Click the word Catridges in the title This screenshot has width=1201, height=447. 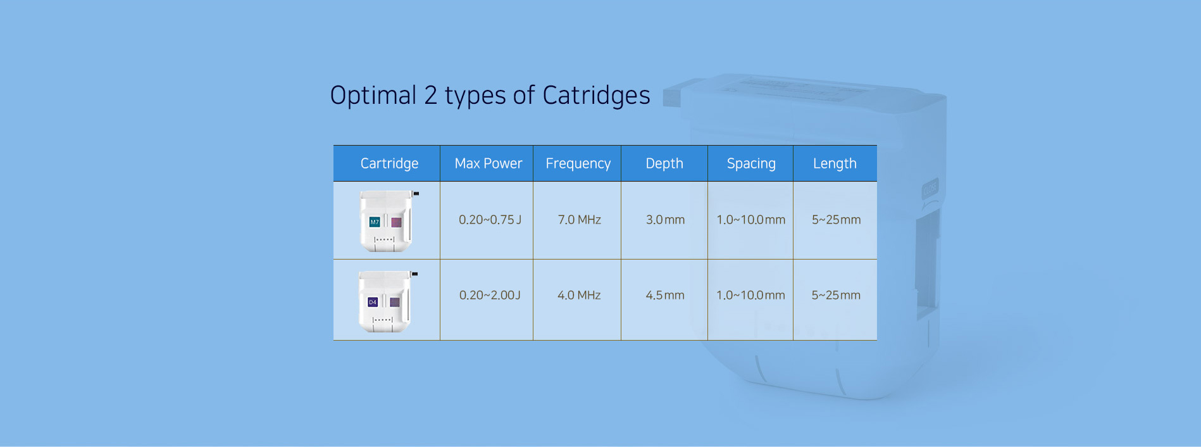(x=596, y=96)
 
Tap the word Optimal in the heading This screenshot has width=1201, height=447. (x=373, y=96)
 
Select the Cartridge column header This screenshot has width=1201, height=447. (x=389, y=163)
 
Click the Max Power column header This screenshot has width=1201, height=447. (x=488, y=163)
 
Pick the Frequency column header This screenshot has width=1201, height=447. (x=578, y=163)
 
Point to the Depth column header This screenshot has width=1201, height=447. (x=664, y=163)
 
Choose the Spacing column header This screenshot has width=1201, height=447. (x=751, y=163)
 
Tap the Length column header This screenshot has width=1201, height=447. (x=835, y=163)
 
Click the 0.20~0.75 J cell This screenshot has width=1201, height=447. (x=490, y=220)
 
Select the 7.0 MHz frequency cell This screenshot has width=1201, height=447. (x=579, y=220)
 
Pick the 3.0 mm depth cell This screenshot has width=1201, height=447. (x=665, y=220)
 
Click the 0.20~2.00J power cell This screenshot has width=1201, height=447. (x=490, y=295)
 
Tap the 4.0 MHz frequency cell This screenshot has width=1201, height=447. (x=579, y=295)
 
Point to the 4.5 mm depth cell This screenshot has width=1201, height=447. (x=665, y=295)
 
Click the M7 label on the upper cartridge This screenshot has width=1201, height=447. (x=375, y=222)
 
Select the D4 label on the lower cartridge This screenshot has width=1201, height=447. (x=373, y=303)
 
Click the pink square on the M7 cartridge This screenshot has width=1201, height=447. (x=396, y=222)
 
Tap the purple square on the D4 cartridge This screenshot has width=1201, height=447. (x=394, y=302)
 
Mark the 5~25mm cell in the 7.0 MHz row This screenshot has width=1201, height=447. (x=836, y=220)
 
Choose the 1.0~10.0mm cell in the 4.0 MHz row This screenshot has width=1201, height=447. (x=750, y=295)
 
